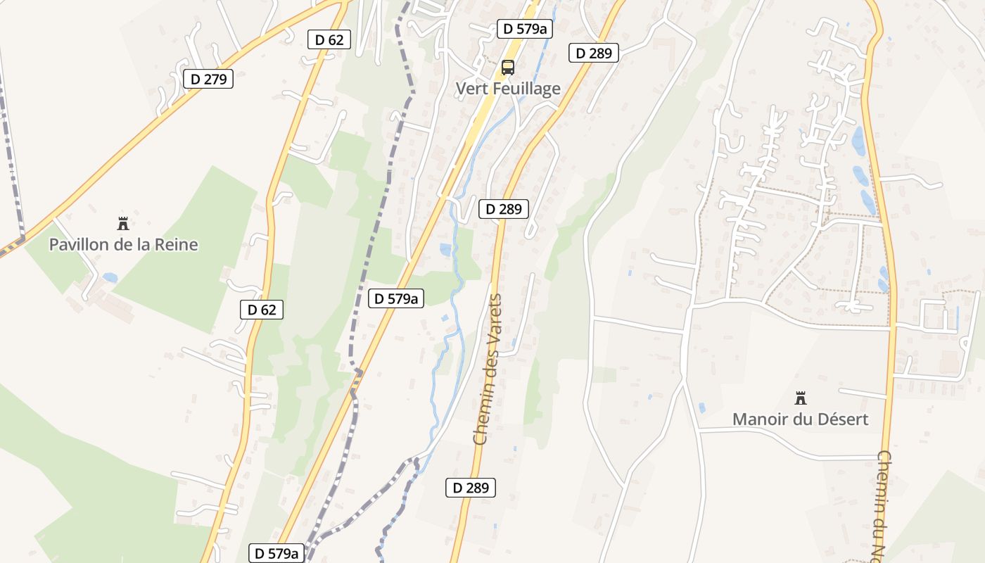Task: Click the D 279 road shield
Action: [208, 79]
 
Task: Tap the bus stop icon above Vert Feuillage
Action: [507, 68]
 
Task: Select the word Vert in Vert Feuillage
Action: [470, 89]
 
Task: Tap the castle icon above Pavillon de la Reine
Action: [123, 224]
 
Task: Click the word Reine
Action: [177, 245]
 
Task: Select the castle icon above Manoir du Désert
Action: [800, 398]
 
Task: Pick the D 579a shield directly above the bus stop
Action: [524, 29]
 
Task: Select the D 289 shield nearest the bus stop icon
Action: [593, 53]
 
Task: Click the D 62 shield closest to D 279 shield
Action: [329, 39]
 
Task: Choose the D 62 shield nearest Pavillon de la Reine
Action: [262, 309]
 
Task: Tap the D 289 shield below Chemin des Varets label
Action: [471, 488]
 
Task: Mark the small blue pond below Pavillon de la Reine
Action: [109, 278]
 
